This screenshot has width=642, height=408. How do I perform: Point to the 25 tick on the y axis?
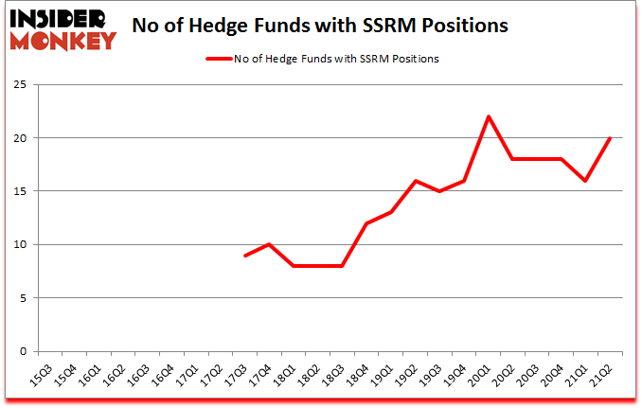pyautogui.click(x=20, y=85)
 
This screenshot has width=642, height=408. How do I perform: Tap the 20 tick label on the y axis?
pyautogui.click(x=20, y=138)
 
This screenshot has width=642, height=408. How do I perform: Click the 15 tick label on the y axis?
pyautogui.click(x=20, y=191)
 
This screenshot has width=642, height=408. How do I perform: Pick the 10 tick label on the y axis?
pyautogui.click(x=20, y=244)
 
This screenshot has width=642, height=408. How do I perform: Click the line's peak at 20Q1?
pyautogui.click(x=488, y=116)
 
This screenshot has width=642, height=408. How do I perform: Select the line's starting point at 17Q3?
pyautogui.click(x=245, y=256)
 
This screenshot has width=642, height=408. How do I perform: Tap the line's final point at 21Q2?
pyautogui.click(x=609, y=138)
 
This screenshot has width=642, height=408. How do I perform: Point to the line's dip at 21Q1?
pyautogui.click(x=584, y=181)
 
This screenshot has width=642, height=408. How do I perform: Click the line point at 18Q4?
pyautogui.click(x=366, y=223)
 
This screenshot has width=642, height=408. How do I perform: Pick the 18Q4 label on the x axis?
pyautogui.click(x=358, y=375)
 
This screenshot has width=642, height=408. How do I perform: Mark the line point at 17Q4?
pyautogui.click(x=270, y=244)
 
